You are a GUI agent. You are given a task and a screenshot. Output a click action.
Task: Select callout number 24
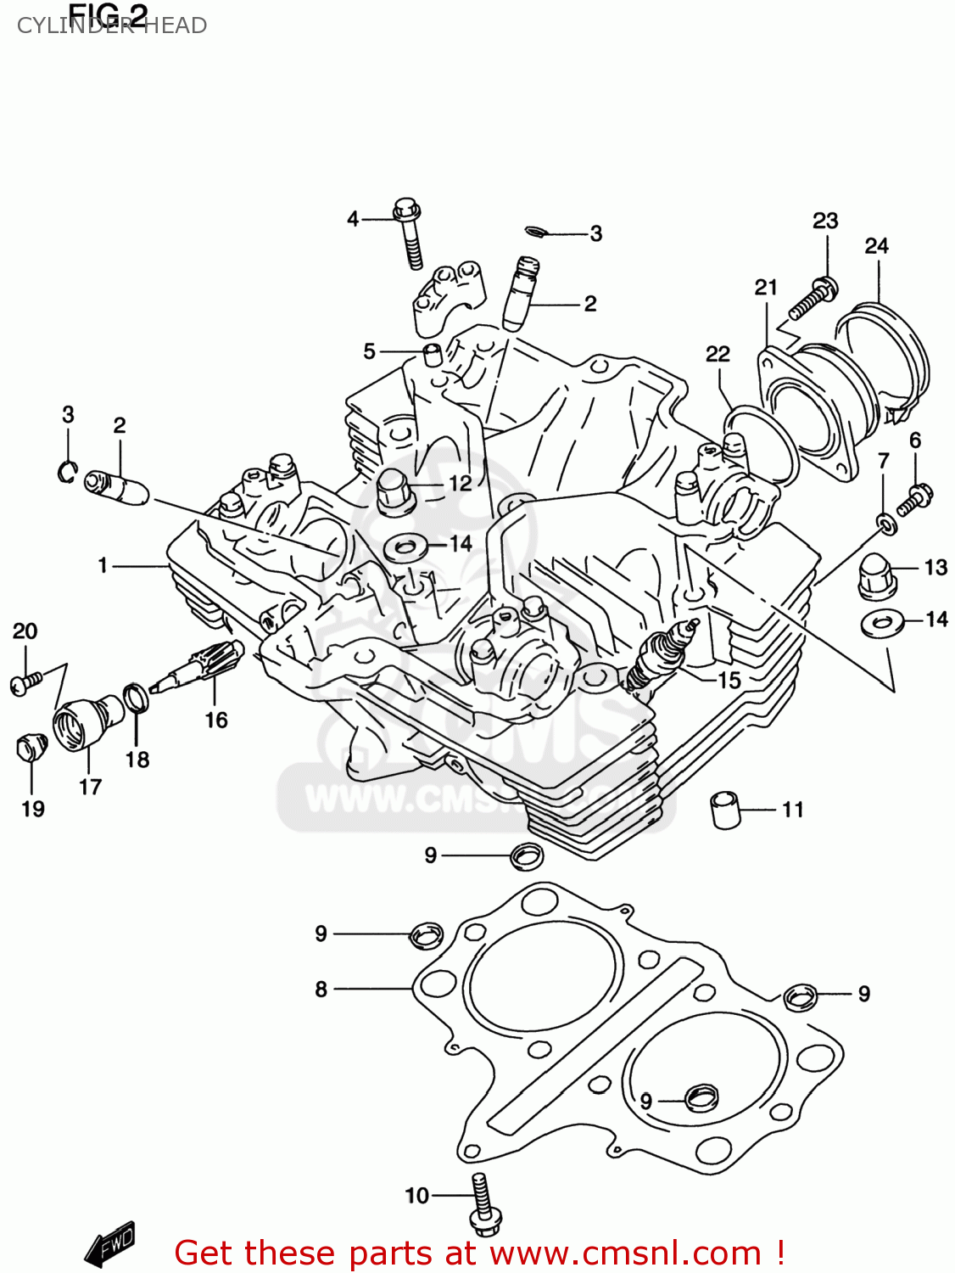pos(876,246)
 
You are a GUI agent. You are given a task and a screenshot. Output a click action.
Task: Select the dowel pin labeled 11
pos(725,809)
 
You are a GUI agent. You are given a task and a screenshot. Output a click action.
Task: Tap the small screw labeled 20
pos(25,681)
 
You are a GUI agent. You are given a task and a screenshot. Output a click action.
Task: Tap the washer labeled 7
pos(885,524)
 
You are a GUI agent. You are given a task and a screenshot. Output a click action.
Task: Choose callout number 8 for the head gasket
pos(321,989)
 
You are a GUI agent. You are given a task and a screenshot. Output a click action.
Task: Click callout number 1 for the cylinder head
pos(103,565)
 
